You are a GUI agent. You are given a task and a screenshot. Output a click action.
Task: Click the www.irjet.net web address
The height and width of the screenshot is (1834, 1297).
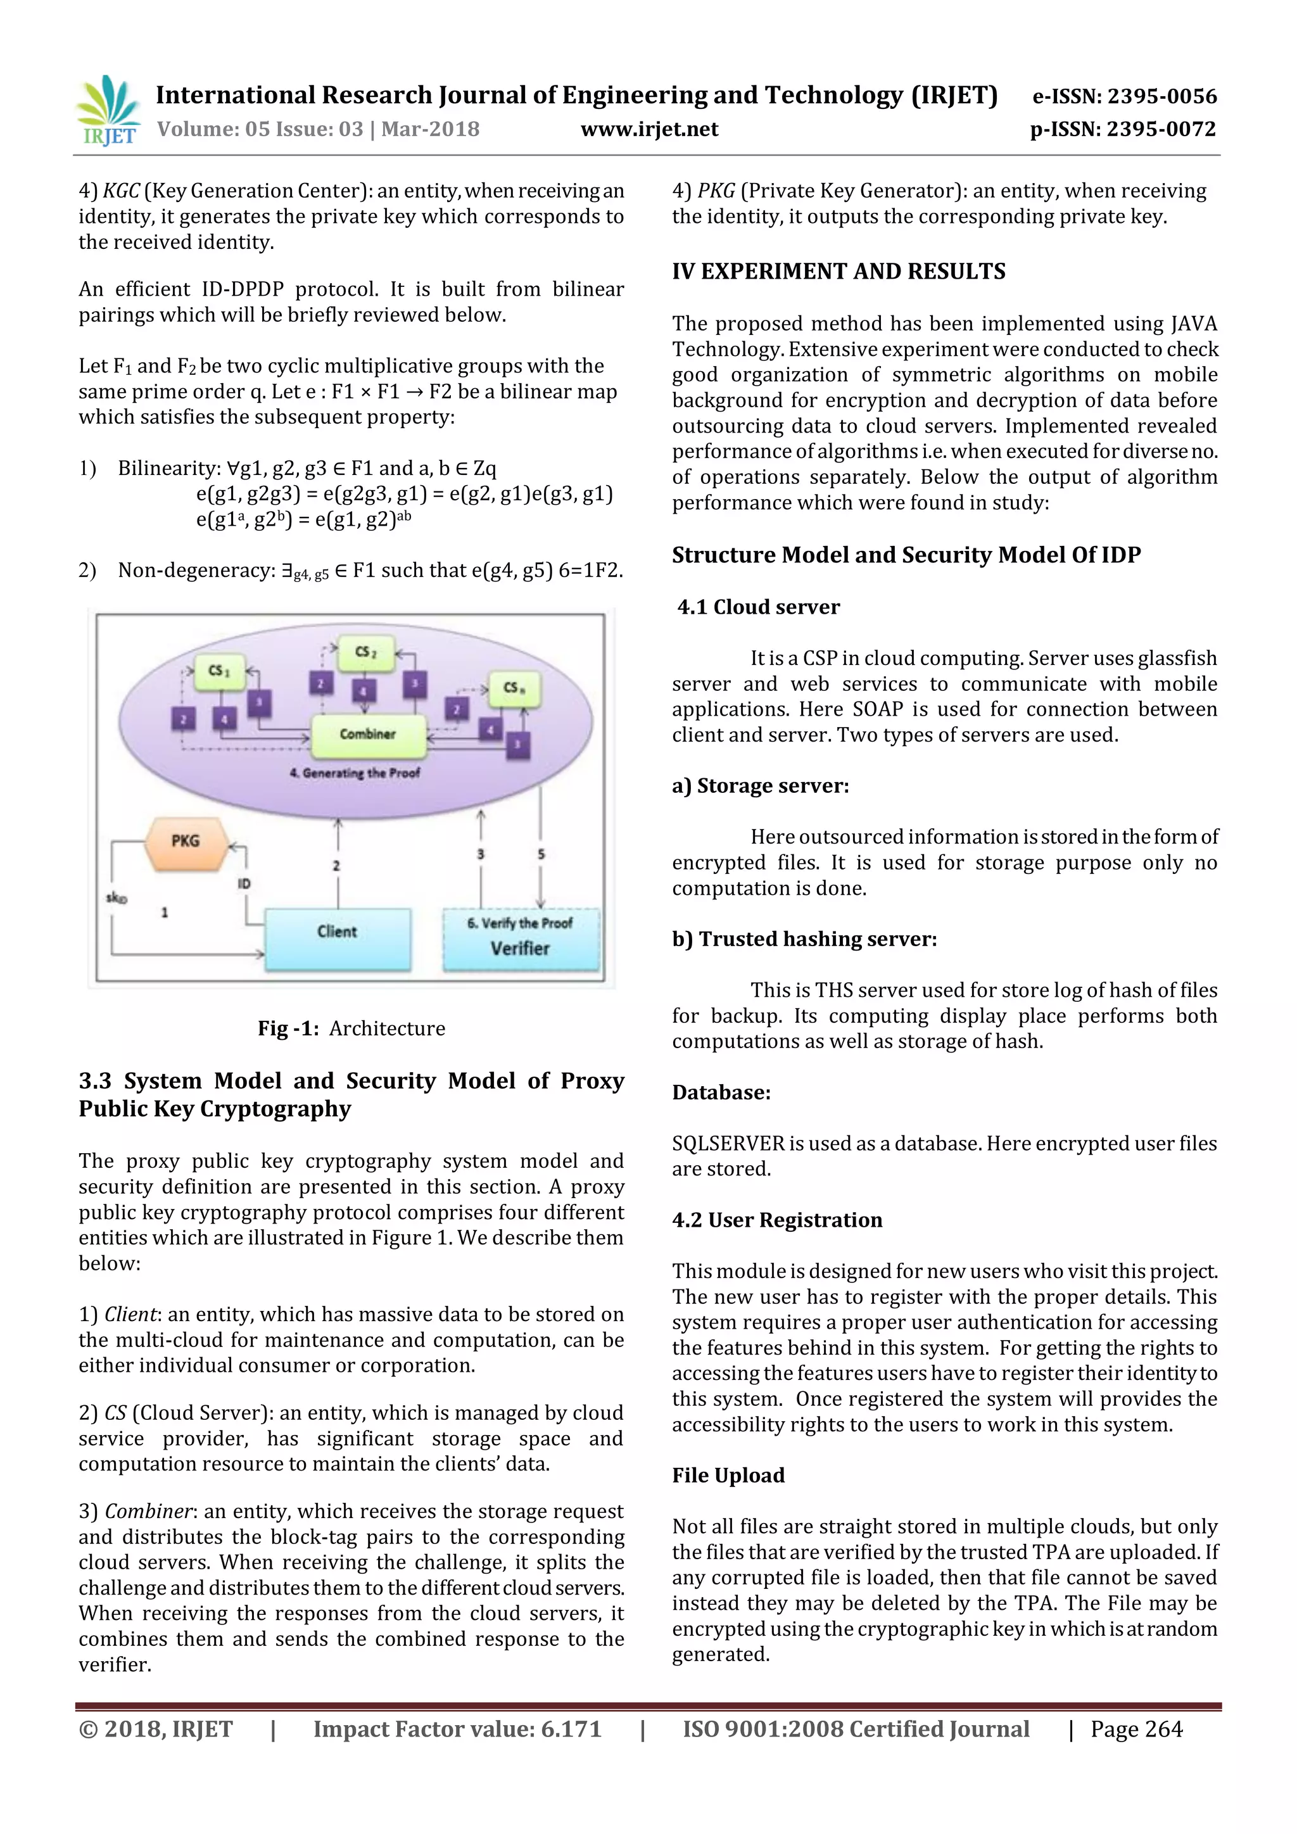pyautogui.click(x=648, y=129)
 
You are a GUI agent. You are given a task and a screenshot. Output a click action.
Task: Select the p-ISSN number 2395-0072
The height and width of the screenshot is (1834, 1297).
pyautogui.click(x=1162, y=129)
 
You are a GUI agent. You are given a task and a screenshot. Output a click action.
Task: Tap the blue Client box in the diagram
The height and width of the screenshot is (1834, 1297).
pyautogui.click(x=337, y=938)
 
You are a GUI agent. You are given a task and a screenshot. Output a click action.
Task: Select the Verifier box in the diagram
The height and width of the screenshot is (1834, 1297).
pyautogui.click(x=521, y=939)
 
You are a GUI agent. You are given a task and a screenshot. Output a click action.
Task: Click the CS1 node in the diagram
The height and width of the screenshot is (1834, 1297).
pyautogui.click(x=218, y=671)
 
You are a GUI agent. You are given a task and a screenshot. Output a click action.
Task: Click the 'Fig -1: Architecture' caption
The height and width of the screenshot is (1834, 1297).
pyautogui.click(x=351, y=1028)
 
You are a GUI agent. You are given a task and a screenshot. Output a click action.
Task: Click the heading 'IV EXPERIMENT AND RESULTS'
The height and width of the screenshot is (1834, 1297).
pyautogui.click(x=838, y=272)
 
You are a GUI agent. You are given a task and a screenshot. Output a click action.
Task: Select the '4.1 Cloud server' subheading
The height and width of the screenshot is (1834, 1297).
pyautogui.click(x=758, y=607)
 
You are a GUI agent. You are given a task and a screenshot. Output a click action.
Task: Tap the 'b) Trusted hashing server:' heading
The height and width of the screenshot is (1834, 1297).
pyautogui.click(x=804, y=939)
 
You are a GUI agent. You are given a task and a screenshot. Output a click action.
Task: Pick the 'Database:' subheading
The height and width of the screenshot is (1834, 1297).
pyautogui.click(x=721, y=1092)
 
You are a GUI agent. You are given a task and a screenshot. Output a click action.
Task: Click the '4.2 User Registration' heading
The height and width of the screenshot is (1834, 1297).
pyautogui.click(x=777, y=1220)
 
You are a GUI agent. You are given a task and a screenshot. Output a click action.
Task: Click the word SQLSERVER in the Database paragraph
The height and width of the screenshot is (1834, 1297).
pyautogui.click(x=728, y=1143)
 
